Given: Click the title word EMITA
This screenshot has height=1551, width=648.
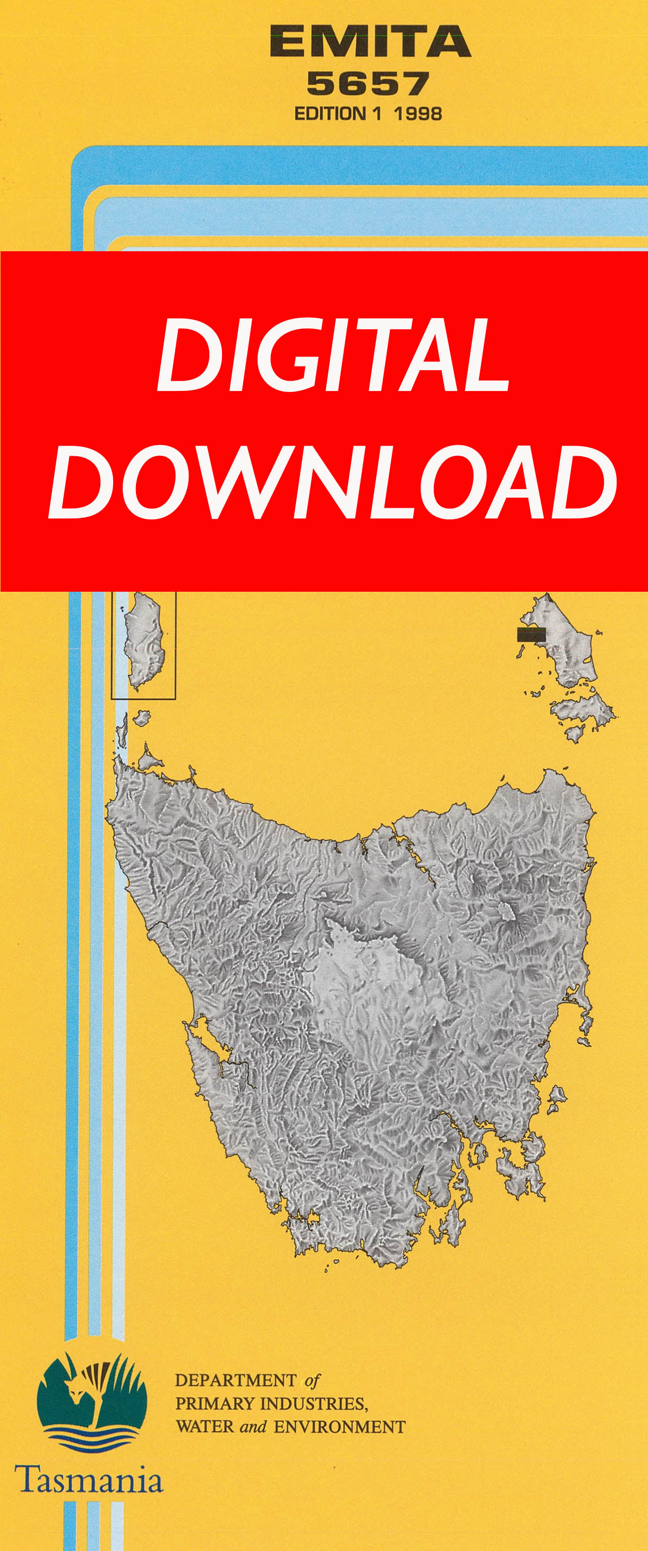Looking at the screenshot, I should tap(370, 41).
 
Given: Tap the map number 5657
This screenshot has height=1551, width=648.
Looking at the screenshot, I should tap(368, 84).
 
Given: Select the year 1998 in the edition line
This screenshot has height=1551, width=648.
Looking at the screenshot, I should tap(418, 114).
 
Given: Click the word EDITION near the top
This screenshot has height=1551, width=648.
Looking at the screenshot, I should tap(329, 114).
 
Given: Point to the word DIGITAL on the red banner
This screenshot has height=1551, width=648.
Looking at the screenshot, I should tap(332, 356).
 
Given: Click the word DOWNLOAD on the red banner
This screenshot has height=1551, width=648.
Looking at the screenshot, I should tap(332, 483).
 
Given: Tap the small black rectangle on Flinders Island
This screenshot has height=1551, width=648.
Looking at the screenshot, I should tap(531, 634).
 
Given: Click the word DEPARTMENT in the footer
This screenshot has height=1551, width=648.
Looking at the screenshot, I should tap(235, 1380).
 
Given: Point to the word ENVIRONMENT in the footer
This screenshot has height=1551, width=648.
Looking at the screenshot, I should tap(339, 1427).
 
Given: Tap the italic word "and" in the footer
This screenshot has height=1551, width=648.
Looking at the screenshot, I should tap(253, 1427).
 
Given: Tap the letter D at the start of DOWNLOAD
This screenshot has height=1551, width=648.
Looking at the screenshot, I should tap(81, 483).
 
